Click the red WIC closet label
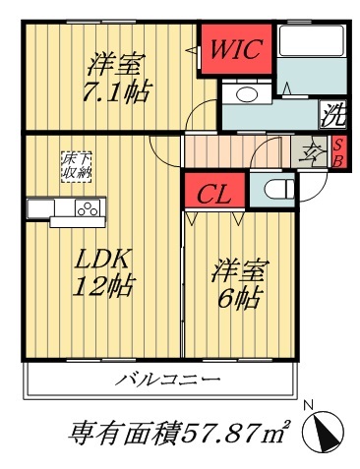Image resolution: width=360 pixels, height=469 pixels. [x=233, y=50]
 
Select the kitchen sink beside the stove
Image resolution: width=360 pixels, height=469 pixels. [x=43, y=208]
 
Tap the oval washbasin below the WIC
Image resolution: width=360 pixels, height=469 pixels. [x=247, y=95]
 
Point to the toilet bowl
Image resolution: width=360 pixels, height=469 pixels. [x=272, y=188]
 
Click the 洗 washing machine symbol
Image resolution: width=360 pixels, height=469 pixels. [x=335, y=114]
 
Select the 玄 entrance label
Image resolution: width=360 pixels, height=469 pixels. [x=308, y=152]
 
